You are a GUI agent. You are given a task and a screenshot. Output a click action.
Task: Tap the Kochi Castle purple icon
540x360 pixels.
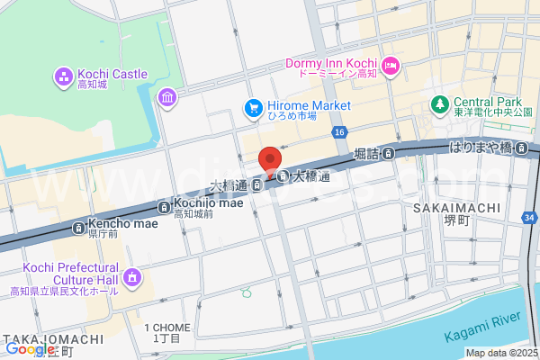(x=63, y=75)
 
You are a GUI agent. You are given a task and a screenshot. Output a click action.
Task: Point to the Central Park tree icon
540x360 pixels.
(x=439, y=104)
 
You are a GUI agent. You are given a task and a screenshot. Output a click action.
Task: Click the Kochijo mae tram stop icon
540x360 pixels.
(x=163, y=205)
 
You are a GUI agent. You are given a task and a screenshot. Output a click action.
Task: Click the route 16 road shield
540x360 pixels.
(x=338, y=131)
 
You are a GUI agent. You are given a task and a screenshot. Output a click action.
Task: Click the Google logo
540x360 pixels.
(x=30, y=349)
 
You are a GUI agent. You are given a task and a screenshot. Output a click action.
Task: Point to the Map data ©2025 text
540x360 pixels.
(x=501, y=353)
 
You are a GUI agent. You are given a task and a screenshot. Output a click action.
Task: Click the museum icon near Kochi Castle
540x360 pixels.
(x=167, y=97)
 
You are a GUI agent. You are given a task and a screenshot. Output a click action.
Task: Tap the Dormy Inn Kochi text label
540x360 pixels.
(x=330, y=63)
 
